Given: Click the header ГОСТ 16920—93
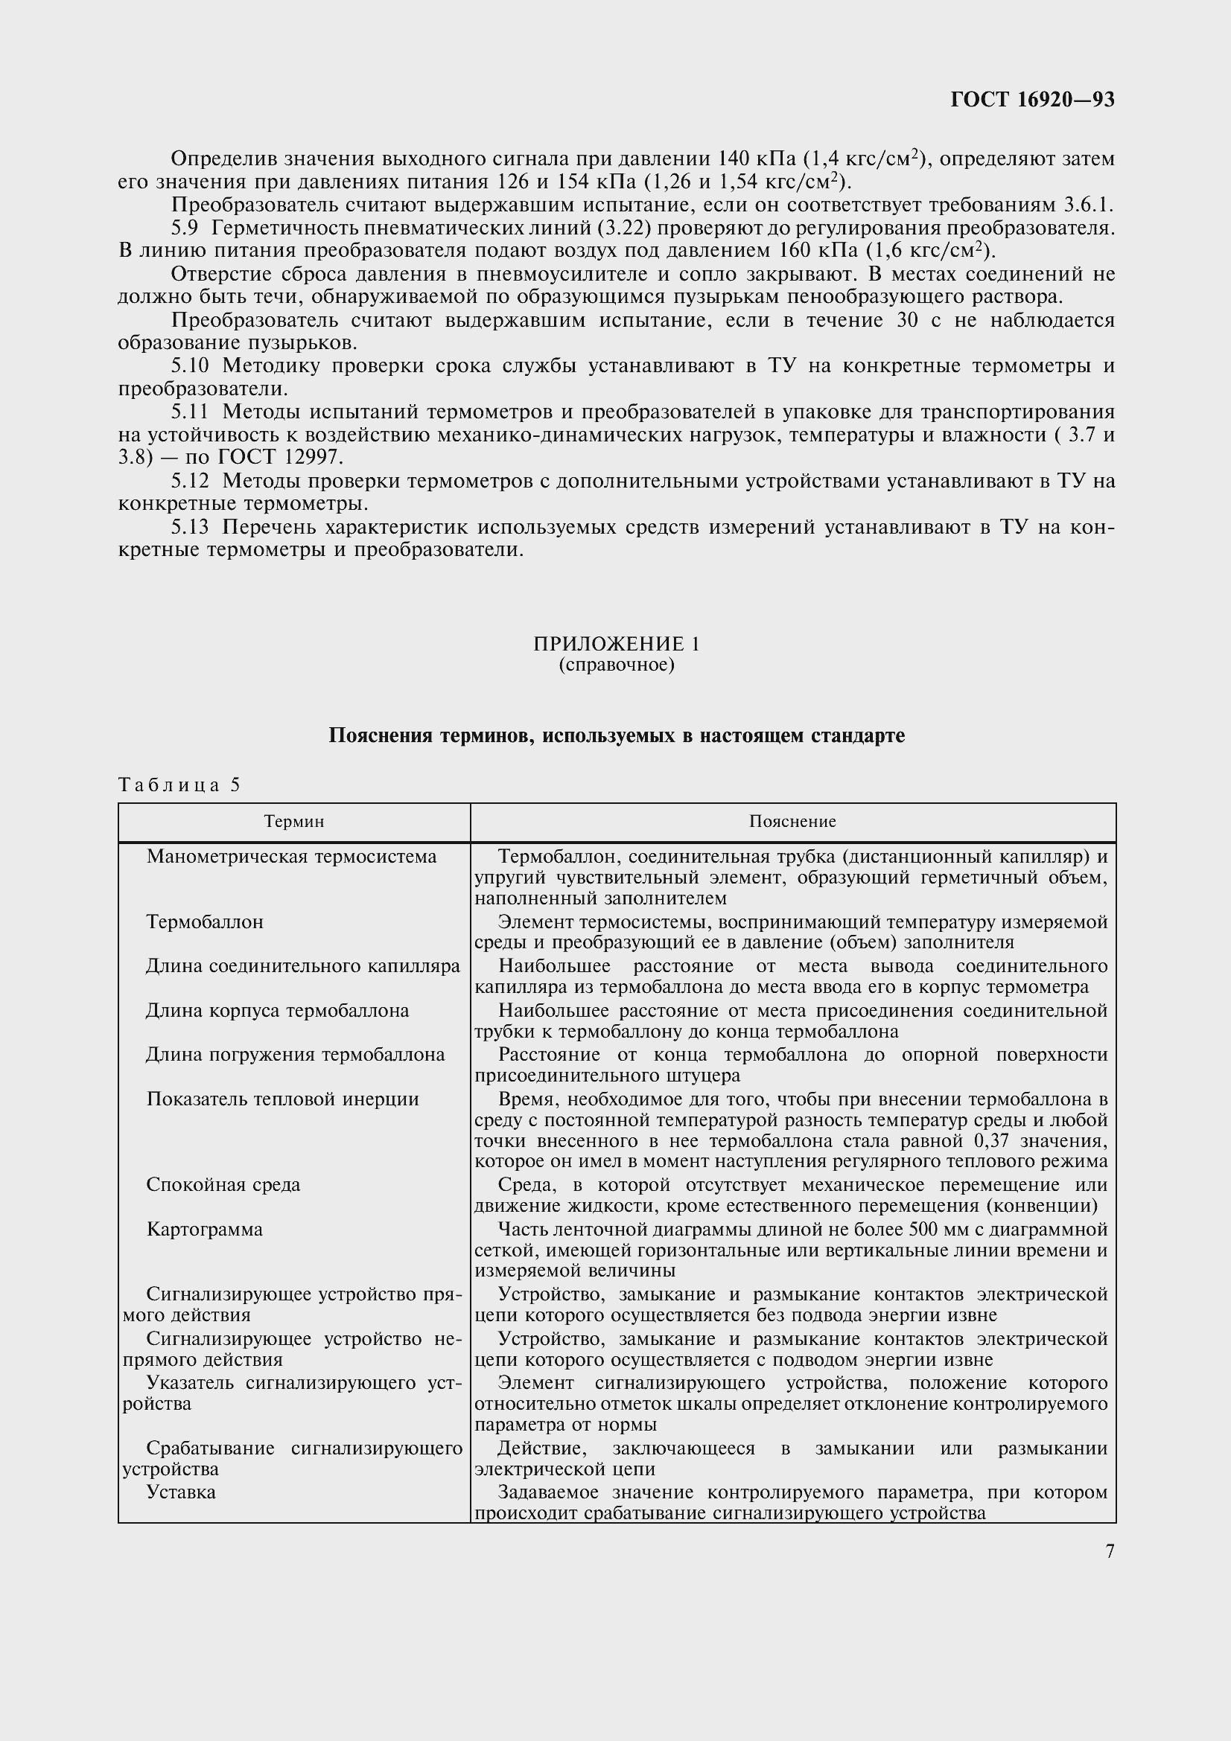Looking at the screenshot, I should tap(1032, 99).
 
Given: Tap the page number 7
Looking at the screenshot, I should tap(1110, 1551).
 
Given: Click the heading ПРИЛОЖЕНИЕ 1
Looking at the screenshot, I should tap(616, 644).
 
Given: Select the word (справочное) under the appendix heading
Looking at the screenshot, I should tap(616, 665).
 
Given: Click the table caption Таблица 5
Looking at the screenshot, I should tap(179, 785).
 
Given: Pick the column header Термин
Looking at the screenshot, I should tap(293, 822).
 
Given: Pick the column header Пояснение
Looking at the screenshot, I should tap(792, 822).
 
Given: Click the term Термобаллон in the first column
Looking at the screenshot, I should tap(205, 922).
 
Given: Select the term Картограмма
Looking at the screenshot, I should tap(204, 1229).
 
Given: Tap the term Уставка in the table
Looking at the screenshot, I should tap(180, 1492).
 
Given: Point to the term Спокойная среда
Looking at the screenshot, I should tap(223, 1184).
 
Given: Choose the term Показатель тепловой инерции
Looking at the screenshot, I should tap(282, 1099).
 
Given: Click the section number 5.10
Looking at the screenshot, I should tap(190, 366).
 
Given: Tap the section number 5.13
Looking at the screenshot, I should tap(190, 527).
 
